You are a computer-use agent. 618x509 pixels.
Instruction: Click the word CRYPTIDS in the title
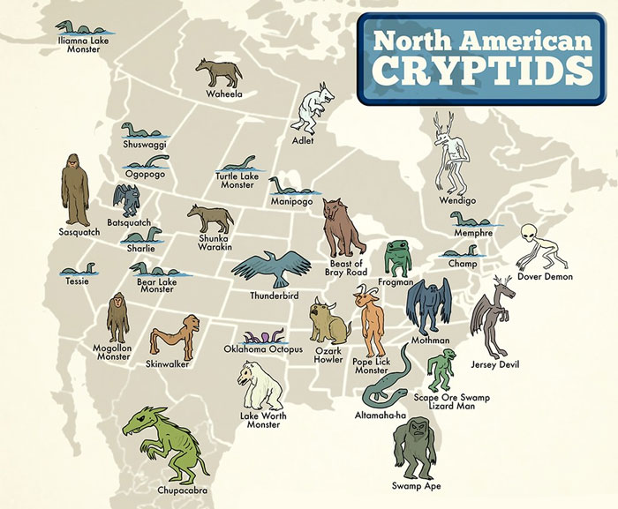tap(480, 70)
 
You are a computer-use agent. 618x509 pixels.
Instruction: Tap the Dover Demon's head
tap(529, 233)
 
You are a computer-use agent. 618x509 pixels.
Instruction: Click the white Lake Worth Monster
tap(259, 384)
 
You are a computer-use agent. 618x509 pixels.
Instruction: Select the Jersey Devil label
tap(495, 363)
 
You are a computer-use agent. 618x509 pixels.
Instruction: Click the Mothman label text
tap(430, 341)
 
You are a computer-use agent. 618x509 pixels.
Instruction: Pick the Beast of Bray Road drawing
tap(343, 228)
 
